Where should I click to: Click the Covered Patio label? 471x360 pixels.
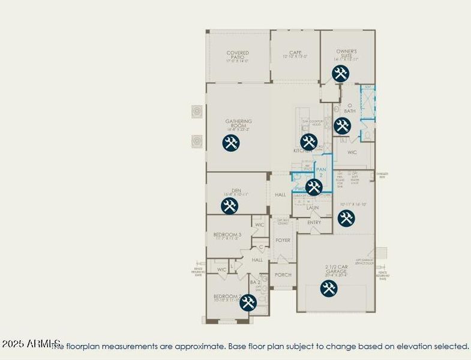click(238, 55)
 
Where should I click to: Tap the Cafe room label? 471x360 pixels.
click(295, 53)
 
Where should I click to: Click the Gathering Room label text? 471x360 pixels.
click(238, 123)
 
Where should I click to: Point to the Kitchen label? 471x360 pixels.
click(302, 151)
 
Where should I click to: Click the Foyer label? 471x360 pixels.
click(283, 241)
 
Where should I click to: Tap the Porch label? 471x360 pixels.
click(283, 275)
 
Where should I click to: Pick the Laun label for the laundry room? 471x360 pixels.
click(313, 208)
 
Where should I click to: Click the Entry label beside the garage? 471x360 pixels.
click(314, 223)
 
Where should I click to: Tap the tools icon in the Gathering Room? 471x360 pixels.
click(231, 143)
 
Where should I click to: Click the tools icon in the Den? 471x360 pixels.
click(229, 206)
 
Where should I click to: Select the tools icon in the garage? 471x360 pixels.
click(328, 289)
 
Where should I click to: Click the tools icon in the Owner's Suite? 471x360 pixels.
click(340, 74)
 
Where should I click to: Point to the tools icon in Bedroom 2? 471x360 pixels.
click(248, 302)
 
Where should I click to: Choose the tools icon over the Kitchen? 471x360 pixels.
click(308, 142)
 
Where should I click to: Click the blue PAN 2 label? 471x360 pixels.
click(322, 173)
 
